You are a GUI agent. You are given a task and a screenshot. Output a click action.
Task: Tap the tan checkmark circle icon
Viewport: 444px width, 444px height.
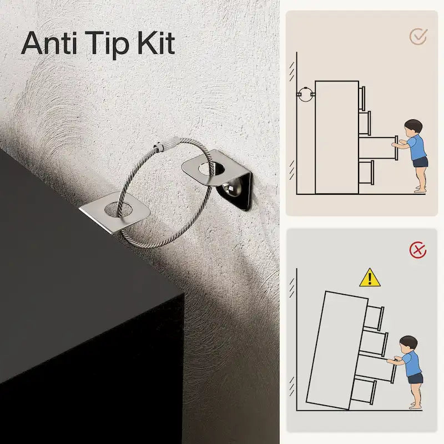[418, 36]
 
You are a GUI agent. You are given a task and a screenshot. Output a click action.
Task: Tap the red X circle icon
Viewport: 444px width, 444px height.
[418, 250]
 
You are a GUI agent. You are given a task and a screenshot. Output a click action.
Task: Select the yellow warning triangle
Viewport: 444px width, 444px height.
[370, 278]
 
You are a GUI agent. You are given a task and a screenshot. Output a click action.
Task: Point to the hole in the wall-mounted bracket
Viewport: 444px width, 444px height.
[211, 169]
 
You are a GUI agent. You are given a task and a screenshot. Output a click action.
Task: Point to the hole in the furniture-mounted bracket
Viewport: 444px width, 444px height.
[118, 209]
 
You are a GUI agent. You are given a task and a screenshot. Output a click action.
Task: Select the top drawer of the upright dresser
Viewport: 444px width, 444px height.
[362, 98]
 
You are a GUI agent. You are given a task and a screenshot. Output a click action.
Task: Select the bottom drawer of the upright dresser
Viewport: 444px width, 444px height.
[366, 172]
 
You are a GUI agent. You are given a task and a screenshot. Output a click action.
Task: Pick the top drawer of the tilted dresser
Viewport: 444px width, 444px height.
[375, 317]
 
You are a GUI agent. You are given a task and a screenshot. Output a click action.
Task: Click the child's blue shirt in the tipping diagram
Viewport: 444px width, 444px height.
[412, 364]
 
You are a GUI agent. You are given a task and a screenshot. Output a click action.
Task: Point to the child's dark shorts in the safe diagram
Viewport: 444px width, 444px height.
[420, 162]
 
